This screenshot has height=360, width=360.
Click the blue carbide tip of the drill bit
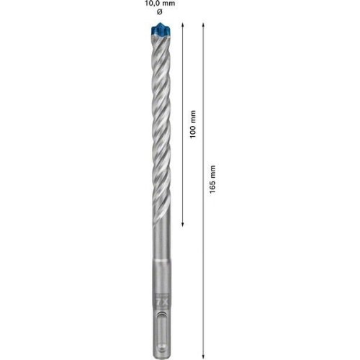click(161, 30)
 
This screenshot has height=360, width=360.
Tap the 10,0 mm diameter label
click(160, 4)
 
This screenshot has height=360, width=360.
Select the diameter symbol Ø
click(159, 12)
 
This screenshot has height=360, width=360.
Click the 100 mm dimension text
click(193, 124)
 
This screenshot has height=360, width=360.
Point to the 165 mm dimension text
click(212, 179)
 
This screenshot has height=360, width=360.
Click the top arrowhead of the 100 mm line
click(183, 25)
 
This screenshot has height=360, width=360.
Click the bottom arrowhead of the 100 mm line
click(183, 224)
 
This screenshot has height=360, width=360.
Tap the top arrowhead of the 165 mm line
click(203, 25)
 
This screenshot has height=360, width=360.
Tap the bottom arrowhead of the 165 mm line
click(203, 357)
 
